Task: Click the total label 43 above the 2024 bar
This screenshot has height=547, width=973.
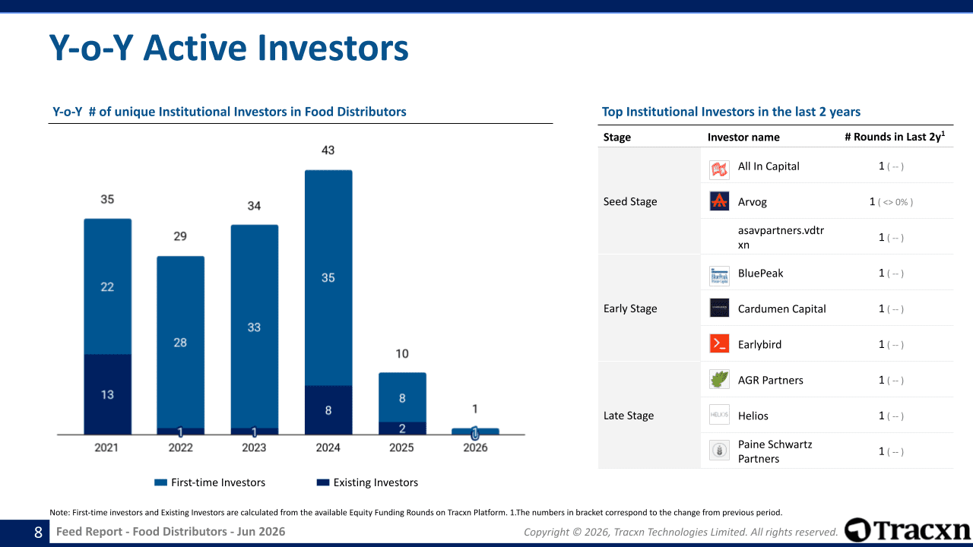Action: (x=328, y=150)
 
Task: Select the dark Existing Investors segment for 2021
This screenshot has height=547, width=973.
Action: (x=108, y=394)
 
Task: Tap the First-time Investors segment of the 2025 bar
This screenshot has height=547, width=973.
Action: (x=402, y=397)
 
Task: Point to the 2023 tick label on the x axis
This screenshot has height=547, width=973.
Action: (x=254, y=447)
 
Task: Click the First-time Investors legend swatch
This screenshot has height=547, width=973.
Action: (x=160, y=482)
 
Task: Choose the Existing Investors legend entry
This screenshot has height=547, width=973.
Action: (x=367, y=482)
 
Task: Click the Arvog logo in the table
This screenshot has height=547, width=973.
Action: (x=719, y=201)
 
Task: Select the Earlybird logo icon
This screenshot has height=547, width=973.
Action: (x=719, y=344)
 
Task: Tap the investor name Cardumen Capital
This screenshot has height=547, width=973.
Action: (x=782, y=308)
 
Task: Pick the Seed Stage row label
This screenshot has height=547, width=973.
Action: (x=630, y=201)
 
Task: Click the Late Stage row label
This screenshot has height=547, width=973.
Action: (x=629, y=416)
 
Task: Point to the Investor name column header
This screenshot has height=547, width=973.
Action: (x=743, y=138)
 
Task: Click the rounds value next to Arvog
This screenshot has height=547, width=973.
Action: (x=891, y=202)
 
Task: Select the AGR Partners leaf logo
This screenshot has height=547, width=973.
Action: (x=719, y=379)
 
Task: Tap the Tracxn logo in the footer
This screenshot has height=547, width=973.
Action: (x=908, y=530)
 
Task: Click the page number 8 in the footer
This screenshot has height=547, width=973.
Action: (x=38, y=533)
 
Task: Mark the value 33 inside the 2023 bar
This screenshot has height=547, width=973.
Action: (x=254, y=327)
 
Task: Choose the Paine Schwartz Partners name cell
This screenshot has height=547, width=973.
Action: (x=775, y=451)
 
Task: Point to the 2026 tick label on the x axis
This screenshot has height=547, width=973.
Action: (x=475, y=447)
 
